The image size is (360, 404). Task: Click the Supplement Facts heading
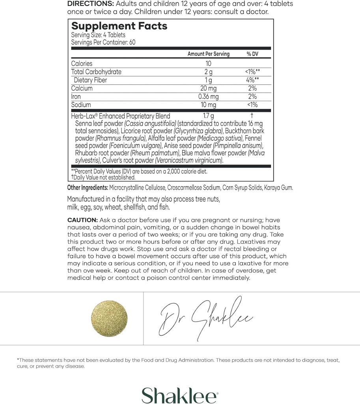click(x=119, y=26)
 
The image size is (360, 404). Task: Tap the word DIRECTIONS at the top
click(x=90, y=4)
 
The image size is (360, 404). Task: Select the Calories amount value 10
click(x=209, y=64)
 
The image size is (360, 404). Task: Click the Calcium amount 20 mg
click(x=208, y=88)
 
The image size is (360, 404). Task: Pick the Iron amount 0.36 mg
click(x=208, y=97)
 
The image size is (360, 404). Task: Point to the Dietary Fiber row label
click(x=90, y=80)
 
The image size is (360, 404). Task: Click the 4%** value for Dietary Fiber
click(x=252, y=80)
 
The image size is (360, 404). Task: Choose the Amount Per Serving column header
click(x=208, y=54)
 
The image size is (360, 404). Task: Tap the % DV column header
click(x=252, y=54)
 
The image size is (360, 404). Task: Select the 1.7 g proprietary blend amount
click(x=208, y=116)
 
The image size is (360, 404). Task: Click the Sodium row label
click(x=81, y=105)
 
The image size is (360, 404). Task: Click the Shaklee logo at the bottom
click(x=179, y=395)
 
